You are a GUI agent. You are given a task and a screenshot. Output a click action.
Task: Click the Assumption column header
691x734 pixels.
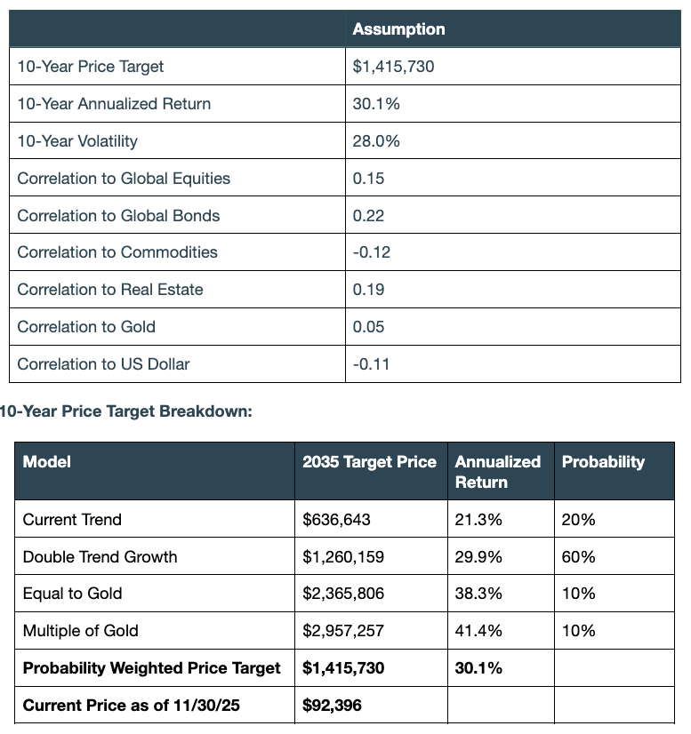click(398, 29)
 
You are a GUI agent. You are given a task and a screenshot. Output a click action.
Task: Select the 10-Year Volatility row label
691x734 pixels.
click(77, 141)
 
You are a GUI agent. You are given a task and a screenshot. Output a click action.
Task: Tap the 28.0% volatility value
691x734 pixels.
click(376, 141)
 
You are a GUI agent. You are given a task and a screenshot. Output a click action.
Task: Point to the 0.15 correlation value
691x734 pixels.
click(368, 179)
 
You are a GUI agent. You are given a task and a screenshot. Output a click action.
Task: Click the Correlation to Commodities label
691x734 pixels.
click(117, 252)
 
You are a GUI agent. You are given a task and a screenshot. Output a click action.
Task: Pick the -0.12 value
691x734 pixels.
click(371, 252)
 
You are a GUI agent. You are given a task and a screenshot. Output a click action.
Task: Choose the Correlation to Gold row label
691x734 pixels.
click(86, 327)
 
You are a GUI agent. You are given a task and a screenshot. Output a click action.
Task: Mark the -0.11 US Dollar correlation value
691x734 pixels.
click(371, 364)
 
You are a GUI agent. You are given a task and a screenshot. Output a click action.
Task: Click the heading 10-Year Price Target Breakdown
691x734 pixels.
click(126, 411)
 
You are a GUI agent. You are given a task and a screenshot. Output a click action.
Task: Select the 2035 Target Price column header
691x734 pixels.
click(369, 462)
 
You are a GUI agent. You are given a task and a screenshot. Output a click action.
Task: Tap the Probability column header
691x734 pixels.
click(603, 462)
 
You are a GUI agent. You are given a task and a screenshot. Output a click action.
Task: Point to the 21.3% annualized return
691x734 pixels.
click(478, 520)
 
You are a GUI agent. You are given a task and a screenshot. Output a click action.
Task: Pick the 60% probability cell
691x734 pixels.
click(578, 557)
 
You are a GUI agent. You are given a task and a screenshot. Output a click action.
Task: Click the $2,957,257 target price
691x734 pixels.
click(343, 631)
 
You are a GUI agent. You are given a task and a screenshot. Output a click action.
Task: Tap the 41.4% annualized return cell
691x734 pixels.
click(478, 631)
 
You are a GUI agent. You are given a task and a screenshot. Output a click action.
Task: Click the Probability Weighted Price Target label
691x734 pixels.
click(151, 668)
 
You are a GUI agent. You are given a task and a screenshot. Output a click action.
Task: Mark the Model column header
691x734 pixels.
click(46, 462)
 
